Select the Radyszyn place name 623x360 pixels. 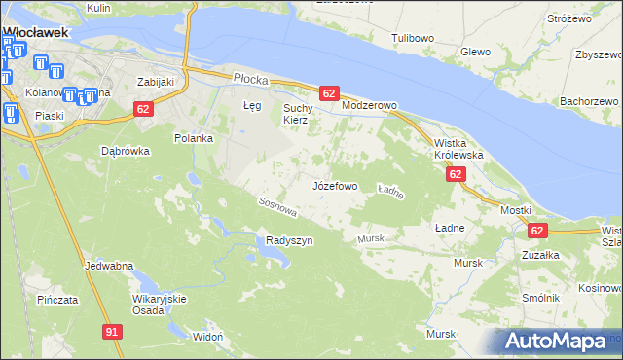pos(289,240)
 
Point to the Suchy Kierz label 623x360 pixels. pos(295,114)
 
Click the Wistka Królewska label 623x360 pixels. pos(458,148)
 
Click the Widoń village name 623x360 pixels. pos(208,336)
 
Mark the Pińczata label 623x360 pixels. pos(57,300)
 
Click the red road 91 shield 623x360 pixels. pos(113,332)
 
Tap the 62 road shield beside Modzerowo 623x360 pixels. pos(328,93)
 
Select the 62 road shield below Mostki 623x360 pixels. pos(537,231)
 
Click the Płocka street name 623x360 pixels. pos(249,77)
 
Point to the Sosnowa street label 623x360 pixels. pos(275,206)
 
